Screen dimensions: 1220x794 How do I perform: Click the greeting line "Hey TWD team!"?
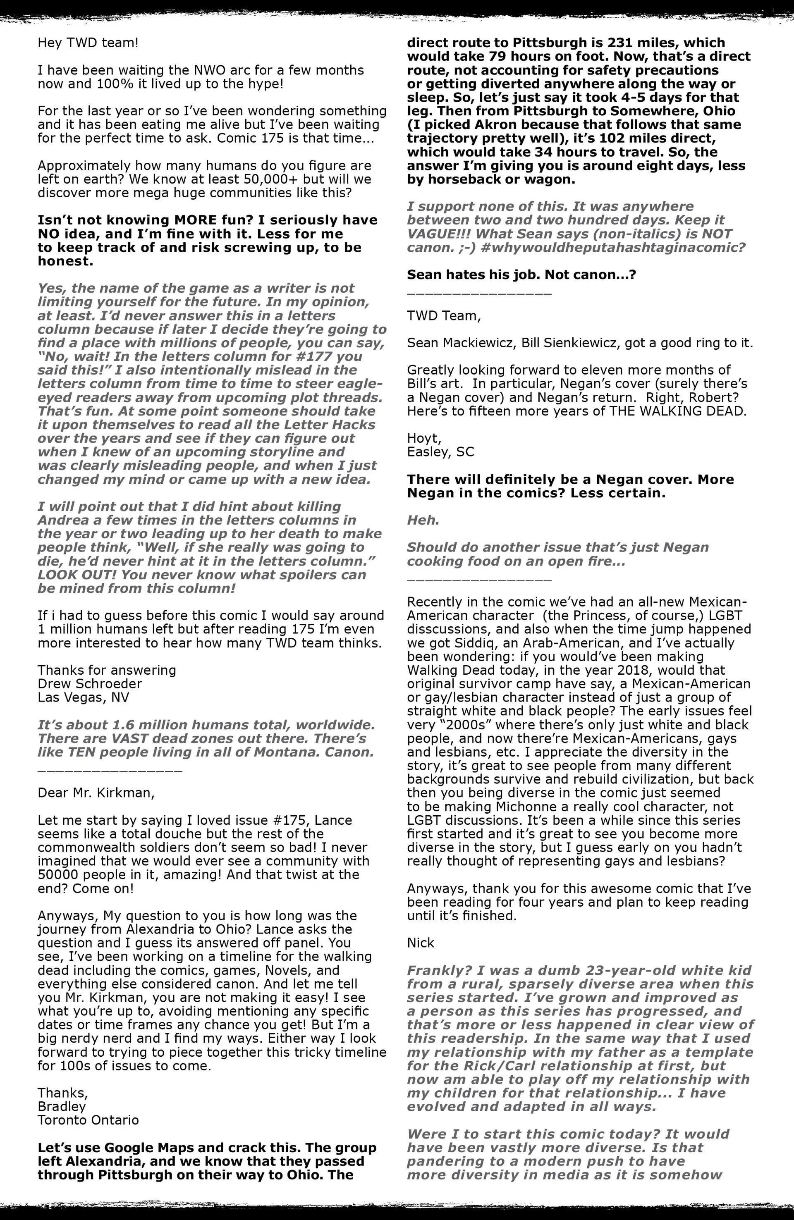pyautogui.click(x=88, y=43)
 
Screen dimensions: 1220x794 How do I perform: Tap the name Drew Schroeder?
pyautogui.click(x=90, y=684)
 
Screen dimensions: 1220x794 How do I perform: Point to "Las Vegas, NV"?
pyautogui.click(x=83, y=698)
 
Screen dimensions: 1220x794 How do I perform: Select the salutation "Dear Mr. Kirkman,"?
pyautogui.click(x=96, y=793)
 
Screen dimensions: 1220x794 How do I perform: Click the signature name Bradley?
pyautogui.click(x=62, y=1106)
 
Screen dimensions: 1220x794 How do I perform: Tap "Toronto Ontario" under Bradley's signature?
pyautogui.click(x=88, y=1120)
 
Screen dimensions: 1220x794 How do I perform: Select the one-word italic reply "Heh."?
pyautogui.click(x=423, y=520)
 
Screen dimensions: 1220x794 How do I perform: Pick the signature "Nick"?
pyautogui.click(x=421, y=943)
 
